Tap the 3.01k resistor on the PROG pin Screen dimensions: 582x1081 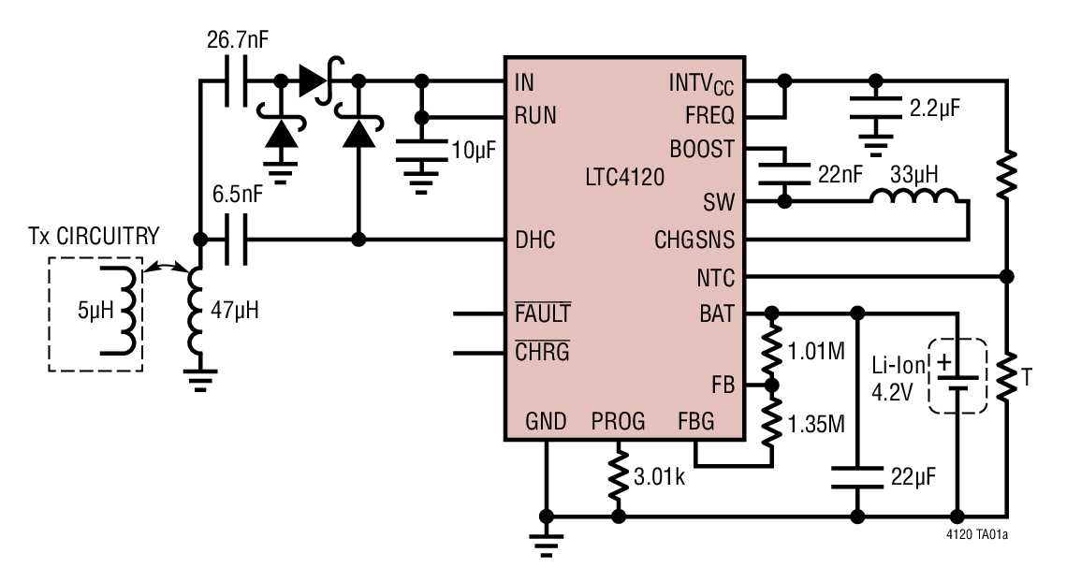618,477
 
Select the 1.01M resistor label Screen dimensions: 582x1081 817,352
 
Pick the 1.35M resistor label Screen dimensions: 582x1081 817,425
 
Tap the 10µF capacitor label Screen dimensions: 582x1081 472,150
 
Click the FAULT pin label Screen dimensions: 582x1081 543,313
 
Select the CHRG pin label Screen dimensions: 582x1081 542,353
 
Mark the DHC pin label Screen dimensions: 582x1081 534,240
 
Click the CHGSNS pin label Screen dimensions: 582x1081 694,240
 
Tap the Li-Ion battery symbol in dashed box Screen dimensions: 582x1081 957,375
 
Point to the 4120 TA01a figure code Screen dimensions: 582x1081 978,537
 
